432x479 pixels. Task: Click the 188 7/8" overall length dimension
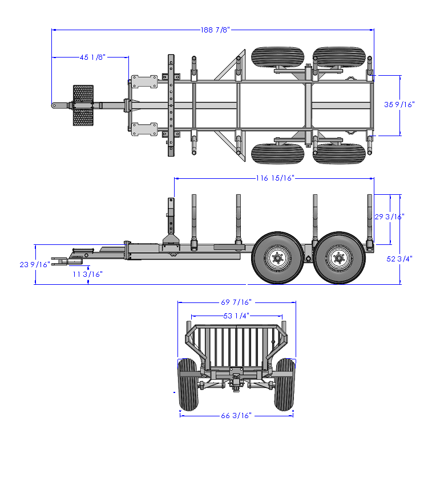coord(214,30)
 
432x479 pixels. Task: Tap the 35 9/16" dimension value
coord(399,104)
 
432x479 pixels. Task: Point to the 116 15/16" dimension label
coord(274,178)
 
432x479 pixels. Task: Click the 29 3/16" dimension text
coord(389,217)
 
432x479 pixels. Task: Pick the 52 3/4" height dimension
coord(399,259)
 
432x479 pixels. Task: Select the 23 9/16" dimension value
coord(35,264)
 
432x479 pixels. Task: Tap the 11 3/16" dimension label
coord(88,274)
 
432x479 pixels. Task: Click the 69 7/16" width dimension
coord(236,302)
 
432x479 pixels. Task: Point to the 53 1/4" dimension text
coord(236,315)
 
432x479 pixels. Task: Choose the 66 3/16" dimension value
coord(236,416)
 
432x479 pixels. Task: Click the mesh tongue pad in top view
coord(83,105)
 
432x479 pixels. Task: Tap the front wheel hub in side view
coord(277,259)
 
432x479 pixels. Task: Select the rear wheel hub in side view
coord(339,259)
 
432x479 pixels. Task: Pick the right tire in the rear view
coord(285,384)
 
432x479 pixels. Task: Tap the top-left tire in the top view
coord(276,57)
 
